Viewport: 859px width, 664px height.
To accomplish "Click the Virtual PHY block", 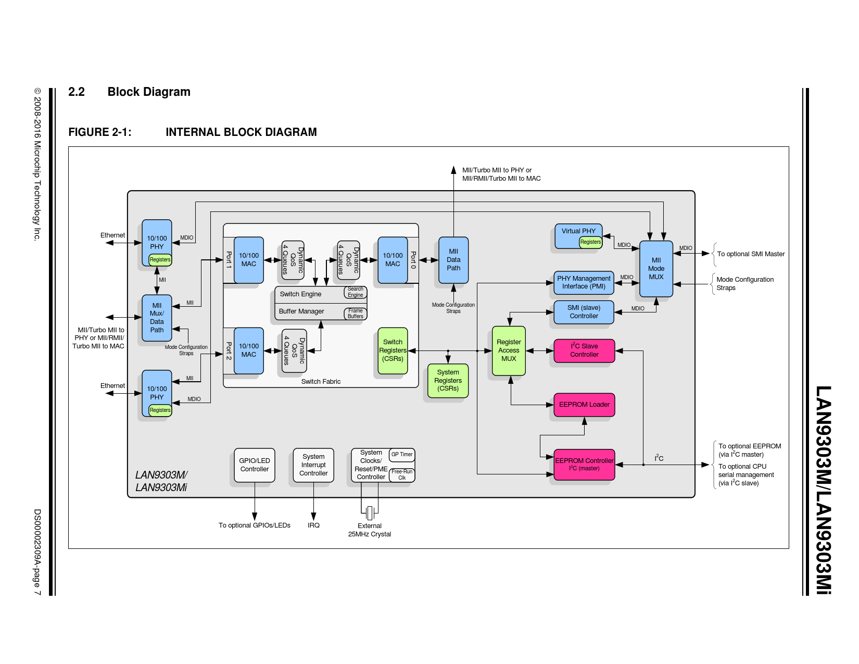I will coord(578,232).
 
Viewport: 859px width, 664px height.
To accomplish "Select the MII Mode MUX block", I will coord(656,269).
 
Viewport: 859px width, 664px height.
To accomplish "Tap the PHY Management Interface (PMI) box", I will coord(584,282).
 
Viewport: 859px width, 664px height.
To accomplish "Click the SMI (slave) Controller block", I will coord(584,312).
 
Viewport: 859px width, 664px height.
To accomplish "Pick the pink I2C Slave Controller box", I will coord(584,350).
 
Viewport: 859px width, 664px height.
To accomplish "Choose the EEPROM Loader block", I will coord(584,405).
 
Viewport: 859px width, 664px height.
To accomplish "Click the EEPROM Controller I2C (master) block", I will coord(584,465).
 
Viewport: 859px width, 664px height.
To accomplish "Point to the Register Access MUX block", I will coord(509,350).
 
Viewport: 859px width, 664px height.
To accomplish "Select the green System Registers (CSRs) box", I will coord(448,381).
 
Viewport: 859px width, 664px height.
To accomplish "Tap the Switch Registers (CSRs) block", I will coord(393,350).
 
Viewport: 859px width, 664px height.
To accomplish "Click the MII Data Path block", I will coord(453,260).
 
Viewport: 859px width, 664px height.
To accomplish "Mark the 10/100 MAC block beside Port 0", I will coord(393,260).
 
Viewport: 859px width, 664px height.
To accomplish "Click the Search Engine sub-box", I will coord(356,292).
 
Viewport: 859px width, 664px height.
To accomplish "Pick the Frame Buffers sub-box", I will coord(356,314).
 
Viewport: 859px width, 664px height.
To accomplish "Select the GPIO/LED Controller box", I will coord(255,465).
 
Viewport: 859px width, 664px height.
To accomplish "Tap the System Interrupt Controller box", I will coord(313,465).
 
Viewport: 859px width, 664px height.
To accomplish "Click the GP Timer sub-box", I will coord(402,455).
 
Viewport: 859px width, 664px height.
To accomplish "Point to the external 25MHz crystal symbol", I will coord(370,513).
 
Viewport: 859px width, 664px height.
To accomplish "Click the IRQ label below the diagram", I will coord(313,525).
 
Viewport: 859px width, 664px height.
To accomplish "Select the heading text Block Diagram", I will coord(149,92).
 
